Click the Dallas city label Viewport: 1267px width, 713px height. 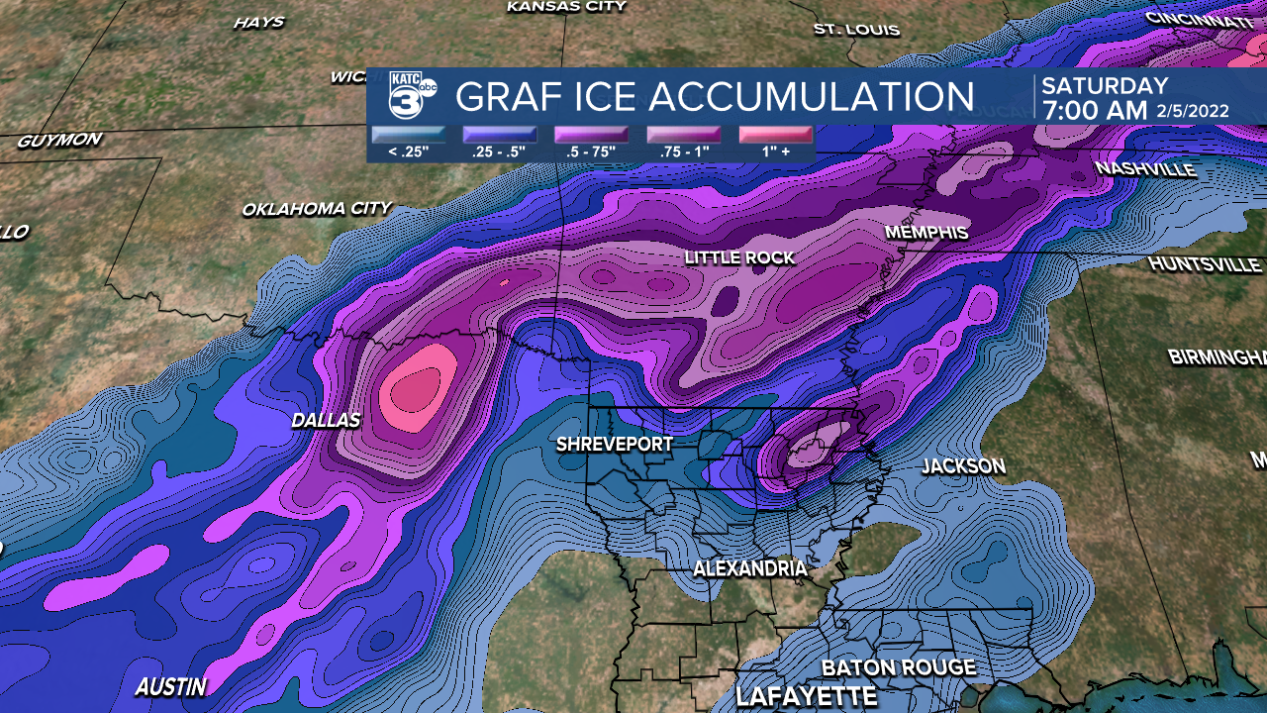[326, 421]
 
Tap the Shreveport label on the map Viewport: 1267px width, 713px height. [614, 445]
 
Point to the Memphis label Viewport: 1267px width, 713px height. [926, 233]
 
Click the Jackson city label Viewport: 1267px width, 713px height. [963, 466]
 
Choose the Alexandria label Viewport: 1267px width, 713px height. [749, 569]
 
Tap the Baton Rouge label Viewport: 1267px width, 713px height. [899, 667]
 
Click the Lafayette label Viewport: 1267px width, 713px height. [806, 696]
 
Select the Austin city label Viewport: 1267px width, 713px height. [171, 686]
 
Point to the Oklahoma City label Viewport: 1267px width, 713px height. [317, 209]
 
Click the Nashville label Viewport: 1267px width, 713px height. [1145, 169]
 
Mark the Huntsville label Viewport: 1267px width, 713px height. [1205, 264]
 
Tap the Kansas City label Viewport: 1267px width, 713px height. [566, 7]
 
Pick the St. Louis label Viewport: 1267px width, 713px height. [856, 30]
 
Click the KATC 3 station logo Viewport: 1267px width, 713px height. [411, 96]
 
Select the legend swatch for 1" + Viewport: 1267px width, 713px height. [774, 135]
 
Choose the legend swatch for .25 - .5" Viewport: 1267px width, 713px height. [499, 135]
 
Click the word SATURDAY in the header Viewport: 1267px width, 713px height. [1105, 86]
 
